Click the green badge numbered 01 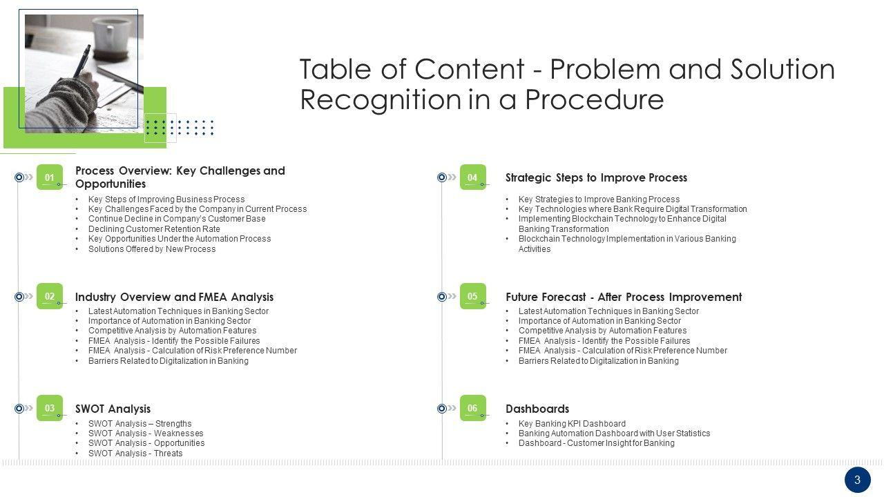coord(50,177)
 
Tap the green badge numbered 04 coord(472,177)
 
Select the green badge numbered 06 coord(472,408)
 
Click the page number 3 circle coord(857,480)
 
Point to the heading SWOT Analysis coord(113,409)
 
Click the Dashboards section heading coord(537,409)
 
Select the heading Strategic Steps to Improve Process coord(596,177)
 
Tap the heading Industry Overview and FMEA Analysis coord(174,297)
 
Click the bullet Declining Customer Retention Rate coord(154,229)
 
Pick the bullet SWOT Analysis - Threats coord(135,454)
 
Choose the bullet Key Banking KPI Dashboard coord(572,424)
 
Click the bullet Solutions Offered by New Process coord(152,249)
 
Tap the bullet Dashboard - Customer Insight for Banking coord(596,443)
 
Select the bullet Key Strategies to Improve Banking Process coord(599,199)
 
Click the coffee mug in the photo coord(112,35)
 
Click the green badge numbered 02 coord(50,297)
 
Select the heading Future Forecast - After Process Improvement coord(624,297)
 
